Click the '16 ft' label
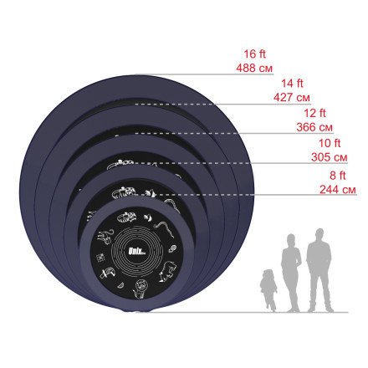click(x=255, y=54)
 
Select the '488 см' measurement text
click(x=254, y=68)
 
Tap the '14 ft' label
click(x=292, y=84)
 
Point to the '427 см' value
click(x=292, y=97)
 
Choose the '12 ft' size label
click(x=314, y=113)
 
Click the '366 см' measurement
click(x=314, y=127)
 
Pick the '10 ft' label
click(x=330, y=143)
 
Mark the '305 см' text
click(x=330, y=157)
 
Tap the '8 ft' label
click(x=338, y=176)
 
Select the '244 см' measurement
click(x=338, y=190)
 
